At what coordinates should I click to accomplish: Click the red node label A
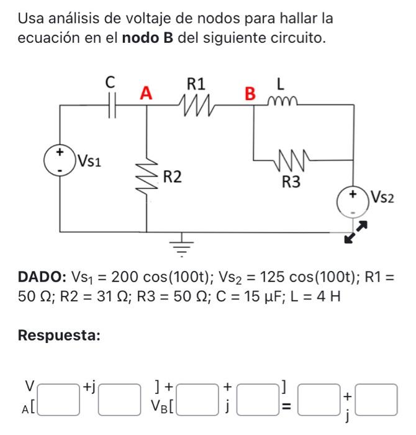[x=146, y=93]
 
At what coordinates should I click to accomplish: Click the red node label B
[x=250, y=94]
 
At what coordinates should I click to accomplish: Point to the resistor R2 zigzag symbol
[x=147, y=179]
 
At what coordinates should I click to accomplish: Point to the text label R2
[x=173, y=178]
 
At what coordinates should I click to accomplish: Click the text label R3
[x=292, y=182]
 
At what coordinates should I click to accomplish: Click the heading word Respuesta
[x=59, y=336]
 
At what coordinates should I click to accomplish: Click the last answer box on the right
[x=378, y=400]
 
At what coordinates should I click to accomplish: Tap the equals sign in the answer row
[x=286, y=408]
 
